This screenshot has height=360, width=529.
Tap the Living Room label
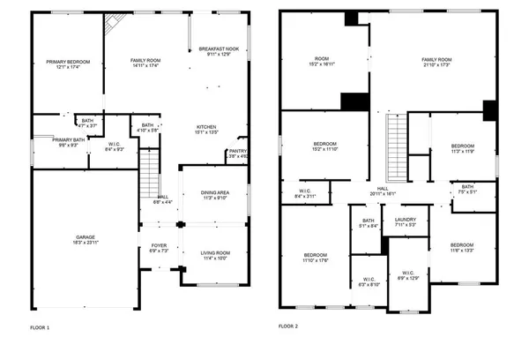pos(215,254)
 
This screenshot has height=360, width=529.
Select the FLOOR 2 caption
pos(288,326)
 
